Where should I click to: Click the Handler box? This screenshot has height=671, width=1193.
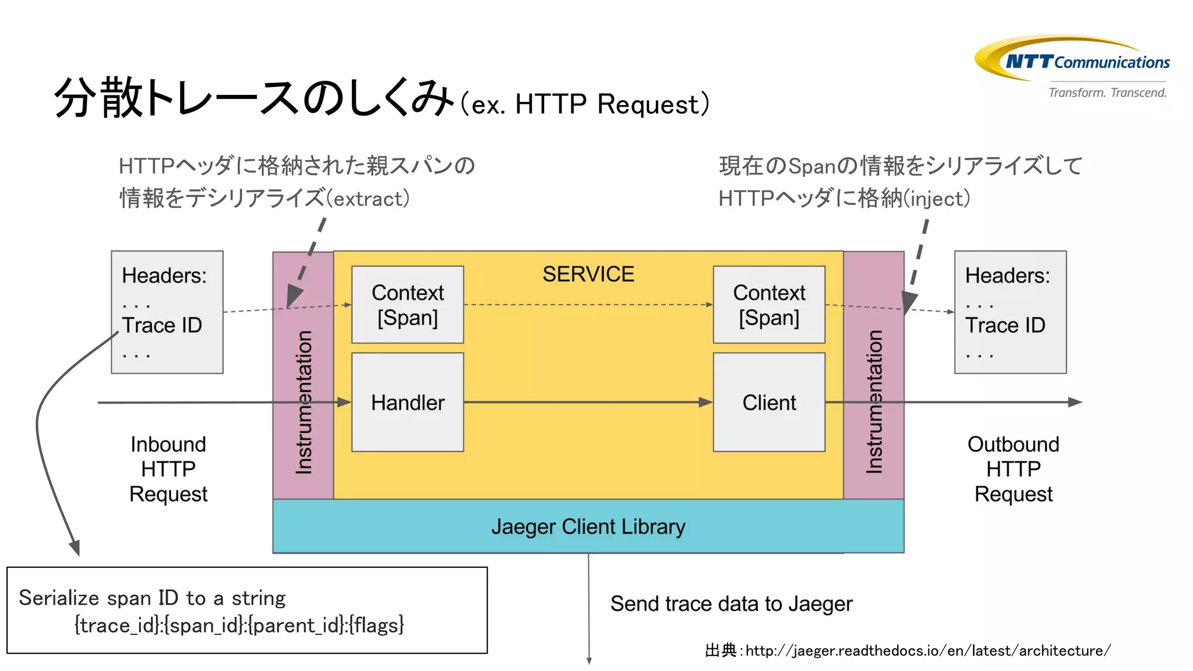tap(407, 402)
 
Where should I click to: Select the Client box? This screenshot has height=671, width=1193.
tap(768, 402)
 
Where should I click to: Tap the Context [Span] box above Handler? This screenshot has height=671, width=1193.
tap(407, 305)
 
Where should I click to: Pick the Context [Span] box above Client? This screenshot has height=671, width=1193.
tap(768, 305)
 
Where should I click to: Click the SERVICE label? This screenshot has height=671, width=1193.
tap(588, 274)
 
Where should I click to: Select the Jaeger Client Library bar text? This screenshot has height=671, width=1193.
tap(588, 527)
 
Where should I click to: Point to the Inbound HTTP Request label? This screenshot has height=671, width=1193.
tap(168, 469)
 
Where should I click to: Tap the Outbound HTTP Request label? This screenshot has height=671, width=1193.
tap(1013, 469)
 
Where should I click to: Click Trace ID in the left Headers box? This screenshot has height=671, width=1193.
tap(161, 325)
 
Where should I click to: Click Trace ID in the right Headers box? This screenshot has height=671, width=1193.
tap(1005, 325)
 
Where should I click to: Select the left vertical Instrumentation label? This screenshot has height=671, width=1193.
tap(303, 402)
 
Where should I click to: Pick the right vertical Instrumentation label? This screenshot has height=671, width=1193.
tap(874, 402)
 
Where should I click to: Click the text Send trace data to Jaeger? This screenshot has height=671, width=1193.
tap(731, 604)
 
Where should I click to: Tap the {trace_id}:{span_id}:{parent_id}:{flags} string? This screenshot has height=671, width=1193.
tap(239, 626)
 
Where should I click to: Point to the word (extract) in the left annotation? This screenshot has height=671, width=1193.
tap(368, 199)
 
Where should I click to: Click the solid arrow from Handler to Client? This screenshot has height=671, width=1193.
tap(588, 402)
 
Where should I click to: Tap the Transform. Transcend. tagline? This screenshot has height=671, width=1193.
tap(1107, 93)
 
